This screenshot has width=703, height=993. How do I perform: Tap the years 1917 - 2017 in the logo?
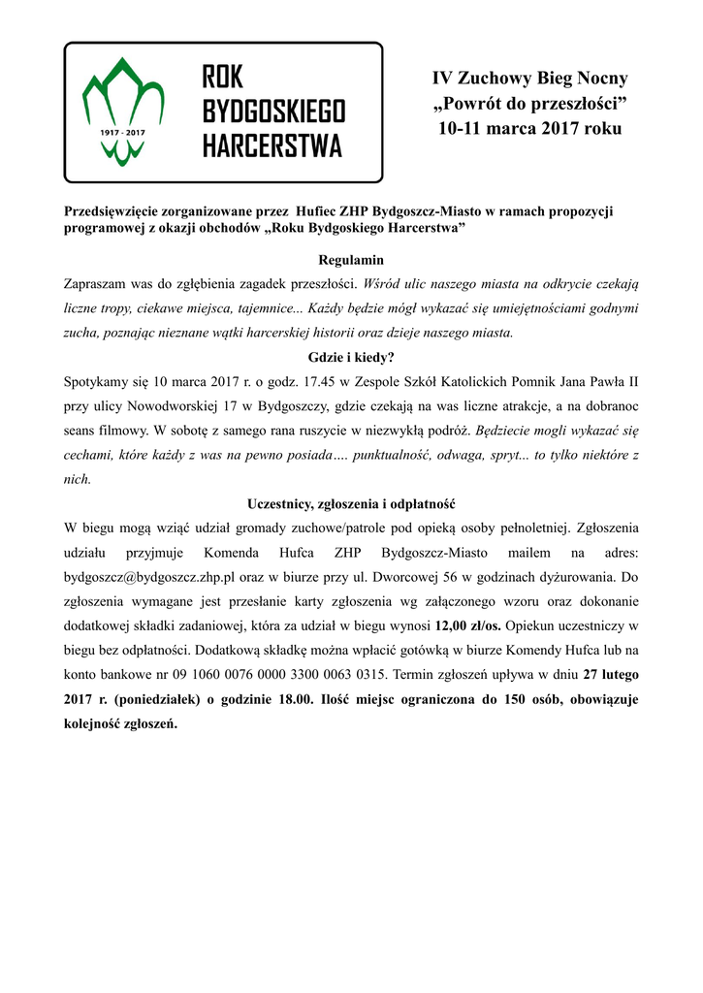tap(122, 130)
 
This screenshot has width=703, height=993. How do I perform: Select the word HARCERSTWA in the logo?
tap(272, 145)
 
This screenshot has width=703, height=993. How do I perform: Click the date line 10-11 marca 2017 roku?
tap(529, 128)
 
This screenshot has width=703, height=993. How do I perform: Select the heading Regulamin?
tap(351, 261)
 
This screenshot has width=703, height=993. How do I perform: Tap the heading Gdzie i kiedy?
tap(351, 357)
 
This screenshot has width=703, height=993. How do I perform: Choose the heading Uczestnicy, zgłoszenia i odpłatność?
tap(351, 505)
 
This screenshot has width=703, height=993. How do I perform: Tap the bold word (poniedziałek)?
tap(145, 699)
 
